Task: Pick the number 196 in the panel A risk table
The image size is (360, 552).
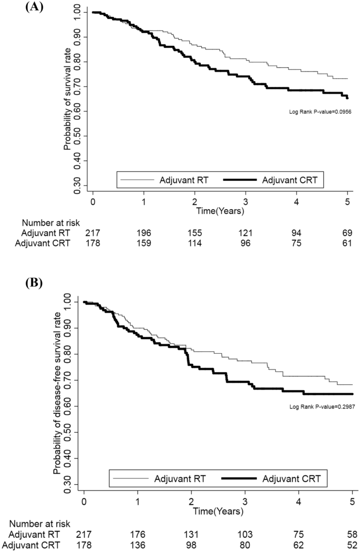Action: click(x=144, y=232)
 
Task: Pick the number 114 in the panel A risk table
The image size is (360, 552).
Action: click(x=196, y=243)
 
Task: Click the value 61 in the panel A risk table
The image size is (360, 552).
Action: click(x=348, y=243)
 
